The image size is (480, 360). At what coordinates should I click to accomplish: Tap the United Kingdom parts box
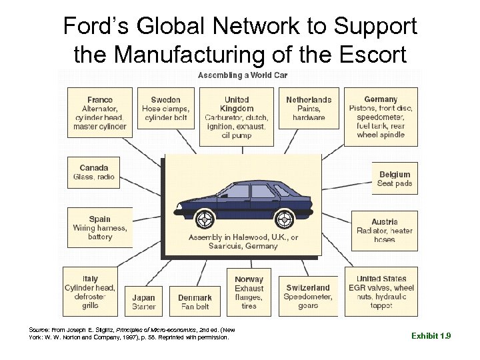[236, 117]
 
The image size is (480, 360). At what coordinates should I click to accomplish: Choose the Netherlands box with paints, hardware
[309, 108]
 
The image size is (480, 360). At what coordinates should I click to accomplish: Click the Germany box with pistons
[381, 117]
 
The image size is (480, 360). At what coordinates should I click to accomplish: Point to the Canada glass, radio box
[94, 172]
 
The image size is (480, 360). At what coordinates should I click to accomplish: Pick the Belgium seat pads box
[394, 179]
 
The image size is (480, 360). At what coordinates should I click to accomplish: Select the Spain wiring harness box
[100, 227]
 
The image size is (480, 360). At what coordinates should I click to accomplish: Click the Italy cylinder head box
[90, 291]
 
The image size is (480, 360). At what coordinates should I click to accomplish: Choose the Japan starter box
[143, 301]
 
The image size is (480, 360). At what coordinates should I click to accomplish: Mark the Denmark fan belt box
[195, 301]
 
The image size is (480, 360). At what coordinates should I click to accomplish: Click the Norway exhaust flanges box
[249, 292]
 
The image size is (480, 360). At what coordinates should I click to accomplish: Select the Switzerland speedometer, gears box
[308, 296]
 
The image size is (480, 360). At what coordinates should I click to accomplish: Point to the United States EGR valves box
[381, 291]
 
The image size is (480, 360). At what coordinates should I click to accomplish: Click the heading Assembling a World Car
[235, 75]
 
